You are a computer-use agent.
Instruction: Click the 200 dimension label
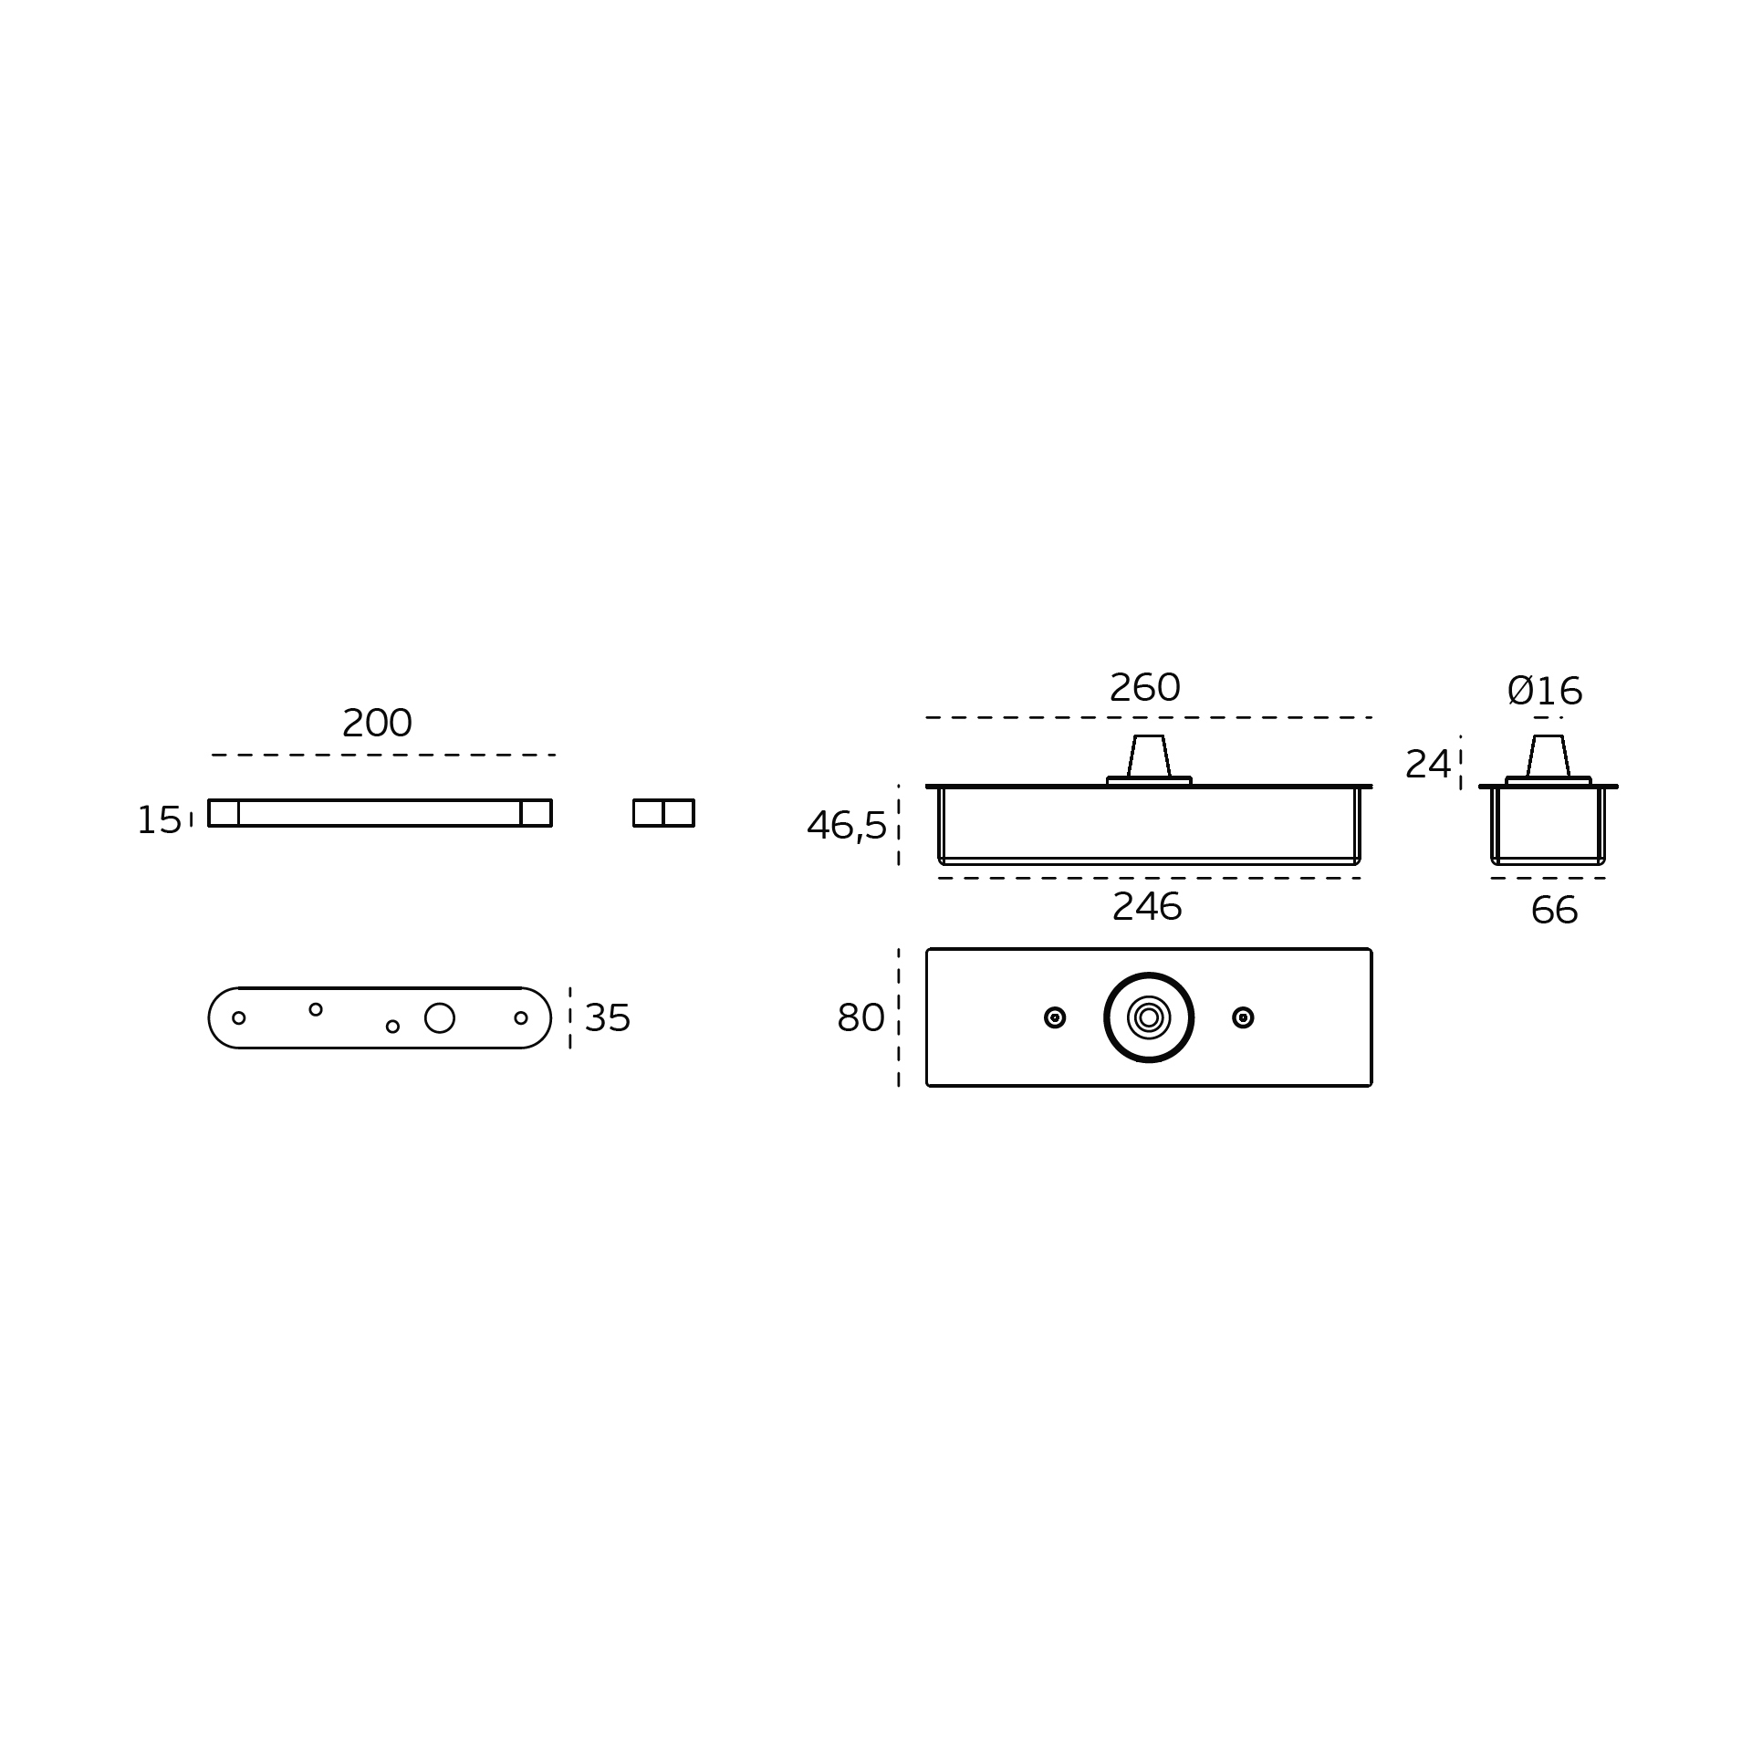coord(377,724)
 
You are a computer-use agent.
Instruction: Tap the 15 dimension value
coord(159,820)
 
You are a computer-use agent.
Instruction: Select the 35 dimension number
coord(608,1018)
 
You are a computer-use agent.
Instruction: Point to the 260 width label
coord(1144,688)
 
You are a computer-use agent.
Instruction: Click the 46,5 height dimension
coord(847,827)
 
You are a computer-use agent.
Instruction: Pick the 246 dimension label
coord(1147,907)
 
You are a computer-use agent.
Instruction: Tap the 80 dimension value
coord(860,1018)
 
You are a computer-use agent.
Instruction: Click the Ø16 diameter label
coord(1545,692)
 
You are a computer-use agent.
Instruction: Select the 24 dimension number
coord(1427,765)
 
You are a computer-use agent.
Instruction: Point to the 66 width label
coord(1554,911)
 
